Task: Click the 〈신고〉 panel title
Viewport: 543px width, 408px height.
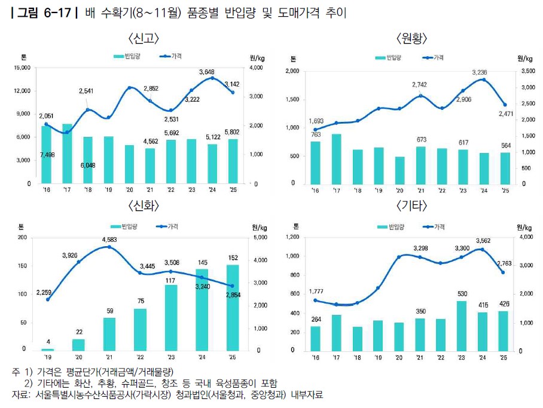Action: pos(144,38)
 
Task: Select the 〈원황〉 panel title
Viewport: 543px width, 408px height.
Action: pos(412,38)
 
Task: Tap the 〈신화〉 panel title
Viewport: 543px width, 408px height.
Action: pos(144,206)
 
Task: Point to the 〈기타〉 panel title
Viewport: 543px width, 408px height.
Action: pos(412,206)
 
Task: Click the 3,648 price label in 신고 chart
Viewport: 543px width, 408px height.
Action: pos(207,72)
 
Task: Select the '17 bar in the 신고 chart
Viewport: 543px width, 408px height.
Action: pos(67,154)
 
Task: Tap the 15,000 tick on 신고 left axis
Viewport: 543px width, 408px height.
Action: pos(22,68)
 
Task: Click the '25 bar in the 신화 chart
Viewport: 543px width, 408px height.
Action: pos(233,308)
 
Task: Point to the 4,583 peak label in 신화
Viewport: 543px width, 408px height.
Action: pos(109,240)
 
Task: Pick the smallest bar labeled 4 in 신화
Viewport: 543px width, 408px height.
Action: pos(48,349)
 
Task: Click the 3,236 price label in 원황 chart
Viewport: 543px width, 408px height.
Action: pos(480,72)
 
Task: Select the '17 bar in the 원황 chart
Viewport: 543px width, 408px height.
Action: pos(336,159)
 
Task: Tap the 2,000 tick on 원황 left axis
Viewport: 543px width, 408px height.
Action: pos(292,71)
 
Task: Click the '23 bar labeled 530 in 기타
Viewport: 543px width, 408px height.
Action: pos(461,326)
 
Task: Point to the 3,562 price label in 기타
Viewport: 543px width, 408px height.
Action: pos(483,241)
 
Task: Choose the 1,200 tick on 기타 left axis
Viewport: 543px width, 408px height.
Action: pos(292,237)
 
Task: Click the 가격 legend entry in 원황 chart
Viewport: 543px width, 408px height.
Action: pos(433,57)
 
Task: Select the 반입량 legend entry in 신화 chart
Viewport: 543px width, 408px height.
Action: pos(124,226)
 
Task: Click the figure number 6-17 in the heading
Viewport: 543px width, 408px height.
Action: pos(57,13)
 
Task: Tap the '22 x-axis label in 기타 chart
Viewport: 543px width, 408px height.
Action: pos(441,357)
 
